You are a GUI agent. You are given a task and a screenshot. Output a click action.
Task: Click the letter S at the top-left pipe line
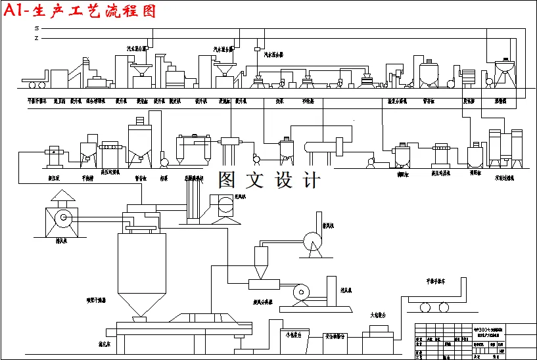tap(37, 28)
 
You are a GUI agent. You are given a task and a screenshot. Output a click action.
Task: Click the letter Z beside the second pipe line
tap(37, 38)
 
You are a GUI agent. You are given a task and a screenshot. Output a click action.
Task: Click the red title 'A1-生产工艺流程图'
tap(80, 11)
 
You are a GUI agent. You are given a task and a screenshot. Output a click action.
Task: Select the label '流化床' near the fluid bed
tap(105, 344)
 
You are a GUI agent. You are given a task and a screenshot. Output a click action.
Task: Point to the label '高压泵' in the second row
tap(53, 177)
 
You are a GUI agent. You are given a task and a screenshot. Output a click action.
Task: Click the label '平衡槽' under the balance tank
tap(88, 177)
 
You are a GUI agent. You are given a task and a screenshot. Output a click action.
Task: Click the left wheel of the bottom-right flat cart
tap(425, 307)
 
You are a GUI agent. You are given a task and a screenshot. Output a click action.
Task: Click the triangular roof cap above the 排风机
tap(63, 196)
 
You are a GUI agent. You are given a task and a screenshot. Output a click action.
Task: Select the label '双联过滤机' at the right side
tap(505, 177)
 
